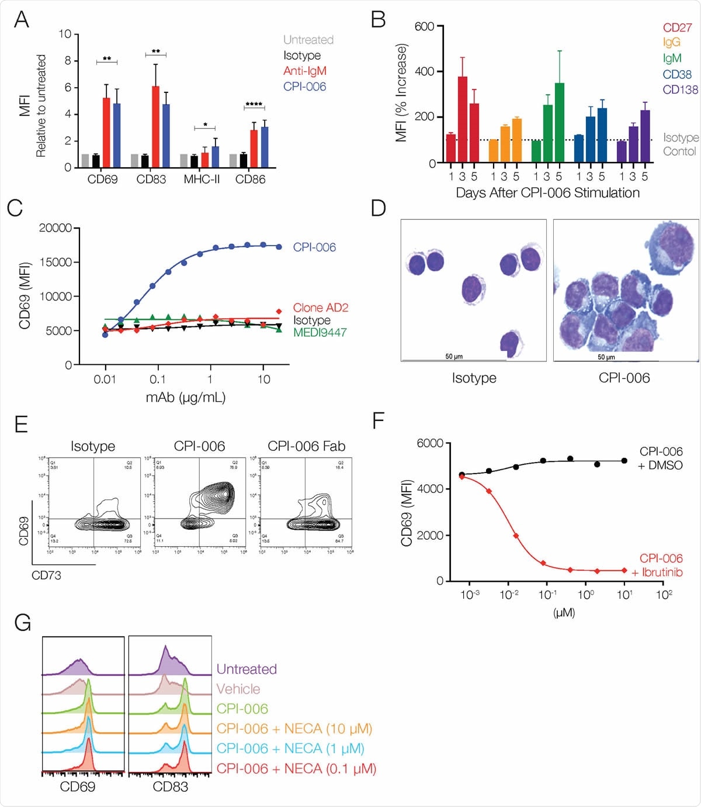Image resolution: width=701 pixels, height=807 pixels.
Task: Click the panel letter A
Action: click(22, 19)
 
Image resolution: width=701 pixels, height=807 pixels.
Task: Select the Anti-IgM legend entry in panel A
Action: click(304, 71)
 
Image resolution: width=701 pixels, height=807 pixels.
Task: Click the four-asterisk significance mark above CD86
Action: click(254, 105)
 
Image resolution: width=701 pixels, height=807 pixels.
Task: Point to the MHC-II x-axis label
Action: click(202, 180)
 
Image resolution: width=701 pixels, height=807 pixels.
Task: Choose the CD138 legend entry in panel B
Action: click(680, 89)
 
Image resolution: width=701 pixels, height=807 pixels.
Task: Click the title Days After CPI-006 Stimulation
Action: click(547, 193)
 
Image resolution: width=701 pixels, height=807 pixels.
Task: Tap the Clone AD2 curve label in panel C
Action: click(320, 308)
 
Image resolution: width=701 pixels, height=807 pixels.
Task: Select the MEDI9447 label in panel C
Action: click(320, 332)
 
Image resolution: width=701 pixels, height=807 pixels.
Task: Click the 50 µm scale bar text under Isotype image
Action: click(453, 356)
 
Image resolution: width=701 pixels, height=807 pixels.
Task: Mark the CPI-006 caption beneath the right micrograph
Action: click(624, 378)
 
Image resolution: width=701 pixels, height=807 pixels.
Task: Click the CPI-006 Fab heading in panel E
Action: click(306, 446)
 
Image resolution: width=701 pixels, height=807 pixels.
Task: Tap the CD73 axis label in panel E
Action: click(46, 575)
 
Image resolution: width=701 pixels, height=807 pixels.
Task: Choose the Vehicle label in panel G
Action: click(238, 689)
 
